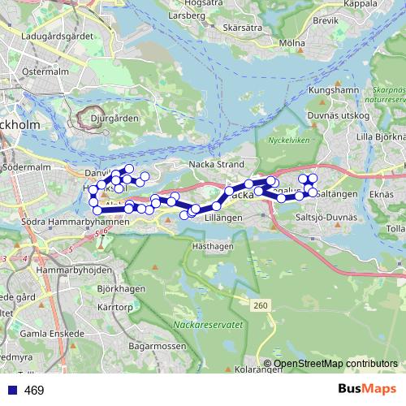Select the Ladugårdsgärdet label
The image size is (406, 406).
[x=56, y=37]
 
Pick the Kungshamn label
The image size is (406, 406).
[x=334, y=90]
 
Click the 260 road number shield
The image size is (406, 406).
[x=259, y=304]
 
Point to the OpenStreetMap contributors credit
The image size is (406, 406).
[x=335, y=364]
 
